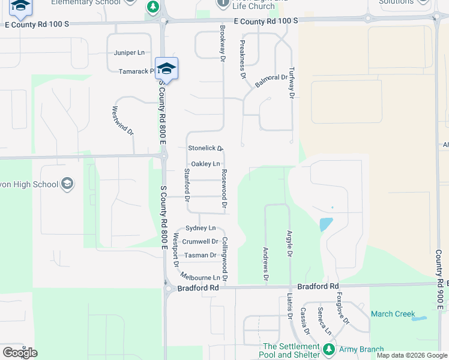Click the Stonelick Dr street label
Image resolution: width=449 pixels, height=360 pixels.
[205, 148]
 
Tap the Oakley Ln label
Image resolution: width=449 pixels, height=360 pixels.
[205, 164]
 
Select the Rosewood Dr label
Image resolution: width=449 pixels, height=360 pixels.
[224, 190]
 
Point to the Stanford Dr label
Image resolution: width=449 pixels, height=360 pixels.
[187, 185]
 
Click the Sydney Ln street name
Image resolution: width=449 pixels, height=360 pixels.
[200, 228]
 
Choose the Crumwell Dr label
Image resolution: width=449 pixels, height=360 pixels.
[200, 241]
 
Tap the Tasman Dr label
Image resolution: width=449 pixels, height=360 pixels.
[200, 255]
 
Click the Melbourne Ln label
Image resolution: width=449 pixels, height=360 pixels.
[200, 278]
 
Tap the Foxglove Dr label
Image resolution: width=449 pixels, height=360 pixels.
[342, 308]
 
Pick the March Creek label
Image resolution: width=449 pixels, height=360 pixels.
[393, 314]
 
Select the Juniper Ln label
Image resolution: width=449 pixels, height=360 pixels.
[130, 53]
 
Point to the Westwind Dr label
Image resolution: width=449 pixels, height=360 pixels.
[122, 121]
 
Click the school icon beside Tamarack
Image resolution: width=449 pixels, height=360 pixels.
[166, 68]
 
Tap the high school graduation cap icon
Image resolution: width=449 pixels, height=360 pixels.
[67, 184]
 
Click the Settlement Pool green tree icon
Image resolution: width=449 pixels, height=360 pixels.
[328, 349]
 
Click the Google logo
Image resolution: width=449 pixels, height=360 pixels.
[20, 353]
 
